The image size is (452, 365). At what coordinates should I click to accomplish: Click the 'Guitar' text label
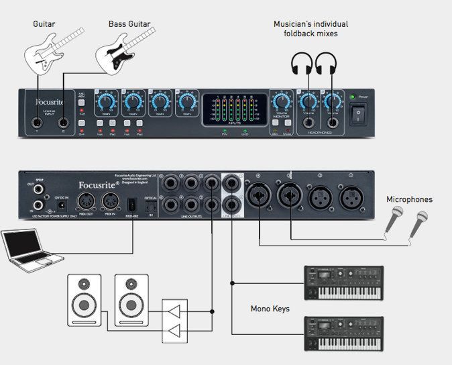[44, 24]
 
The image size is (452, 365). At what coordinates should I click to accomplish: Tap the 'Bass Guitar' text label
[127, 24]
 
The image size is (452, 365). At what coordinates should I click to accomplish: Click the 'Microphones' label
[409, 199]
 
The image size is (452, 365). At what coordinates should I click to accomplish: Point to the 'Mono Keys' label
[270, 309]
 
